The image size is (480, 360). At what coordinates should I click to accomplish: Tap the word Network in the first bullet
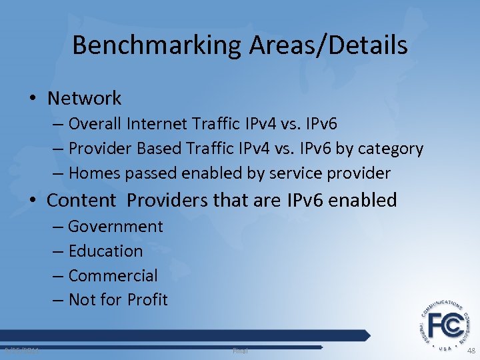(84, 99)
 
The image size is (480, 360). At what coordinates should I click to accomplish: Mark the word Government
(115, 227)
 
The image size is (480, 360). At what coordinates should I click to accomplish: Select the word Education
(105, 251)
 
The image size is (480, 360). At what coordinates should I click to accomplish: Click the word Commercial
(113, 275)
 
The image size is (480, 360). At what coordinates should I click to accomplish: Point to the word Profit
(149, 300)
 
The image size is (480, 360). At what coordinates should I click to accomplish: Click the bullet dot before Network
(34, 99)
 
